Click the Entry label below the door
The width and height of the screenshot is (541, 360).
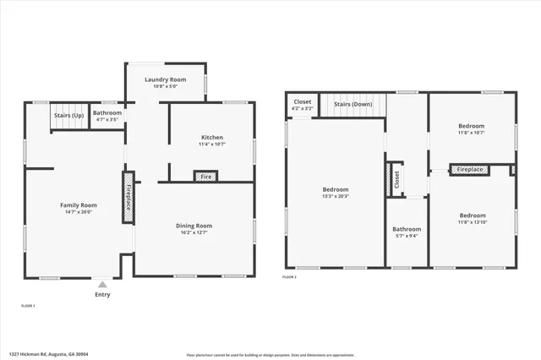(101, 295)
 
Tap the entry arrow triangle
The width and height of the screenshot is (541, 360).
(101, 285)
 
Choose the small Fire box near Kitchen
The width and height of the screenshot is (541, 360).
(205, 177)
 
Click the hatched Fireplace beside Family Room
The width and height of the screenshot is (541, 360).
(128, 198)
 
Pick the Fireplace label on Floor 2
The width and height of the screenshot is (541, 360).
(470, 170)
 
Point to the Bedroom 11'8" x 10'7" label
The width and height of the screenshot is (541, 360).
(471, 128)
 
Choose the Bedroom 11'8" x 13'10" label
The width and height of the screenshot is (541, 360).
(471, 218)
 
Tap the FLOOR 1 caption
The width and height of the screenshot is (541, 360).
(28, 305)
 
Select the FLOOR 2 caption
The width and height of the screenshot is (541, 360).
(290, 277)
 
